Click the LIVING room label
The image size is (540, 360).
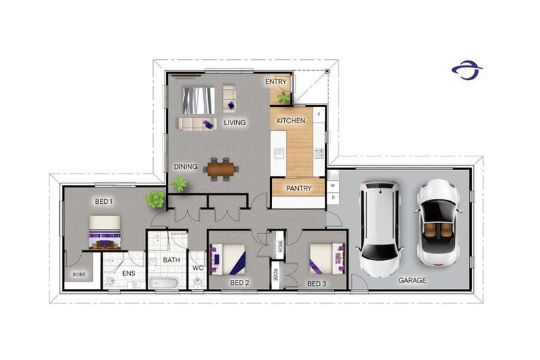point(235,123)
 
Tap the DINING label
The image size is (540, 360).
point(186,167)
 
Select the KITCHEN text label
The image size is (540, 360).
point(290,121)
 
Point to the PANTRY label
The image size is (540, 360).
point(298,188)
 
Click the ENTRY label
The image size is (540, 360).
point(276,82)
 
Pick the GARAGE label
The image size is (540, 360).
point(412,280)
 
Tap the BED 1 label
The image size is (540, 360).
point(103,202)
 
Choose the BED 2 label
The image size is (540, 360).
point(240,283)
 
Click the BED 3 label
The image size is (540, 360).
point(316,283)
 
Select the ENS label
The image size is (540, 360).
point(129,274)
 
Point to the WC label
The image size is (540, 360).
point(198,267)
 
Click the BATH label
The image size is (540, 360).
point(172,260)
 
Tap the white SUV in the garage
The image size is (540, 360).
point(379,229)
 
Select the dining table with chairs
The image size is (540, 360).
point(221,169)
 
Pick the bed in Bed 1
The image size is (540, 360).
point(105,232)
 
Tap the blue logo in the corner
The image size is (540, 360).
point(467,70)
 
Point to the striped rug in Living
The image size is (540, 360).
point(198,100)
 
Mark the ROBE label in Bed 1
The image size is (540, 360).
point(79,274)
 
